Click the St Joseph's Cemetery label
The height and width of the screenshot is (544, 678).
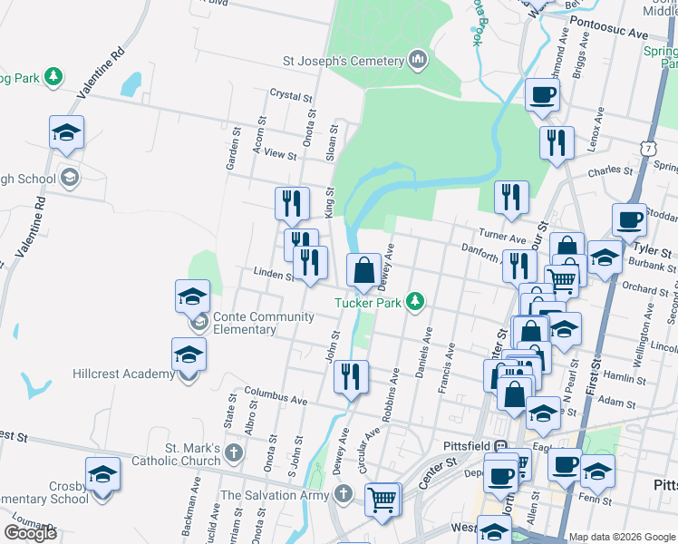pyautogui.click(x=343, y=61)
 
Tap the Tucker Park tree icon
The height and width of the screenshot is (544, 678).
pyautogui.click(x=416, y=300)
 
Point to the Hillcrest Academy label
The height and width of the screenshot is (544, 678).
pyautogui.click(x=124, y=374)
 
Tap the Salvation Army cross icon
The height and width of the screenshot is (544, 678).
pyautogui.click(x=342, y=495)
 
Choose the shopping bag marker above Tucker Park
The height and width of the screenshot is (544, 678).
pyautogui.click(x=363, y=271)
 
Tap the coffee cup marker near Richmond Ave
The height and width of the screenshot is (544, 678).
pyautogui.click(x=542, y=94)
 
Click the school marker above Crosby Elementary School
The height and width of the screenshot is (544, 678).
pyautogui.click(x=102, y=475)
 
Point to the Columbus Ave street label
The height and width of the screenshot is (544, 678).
pyautogui.click(x=276, y=398)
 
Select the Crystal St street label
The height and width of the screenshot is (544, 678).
pyautogui.click(x=290, y=93)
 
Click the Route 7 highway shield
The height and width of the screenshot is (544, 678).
pyautogui.click(x=645, y=147)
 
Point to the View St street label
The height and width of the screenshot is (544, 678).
pyautogui.click(x=280, y=155)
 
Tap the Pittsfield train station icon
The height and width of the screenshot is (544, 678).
pyautogui.click(x=512, y=446)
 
